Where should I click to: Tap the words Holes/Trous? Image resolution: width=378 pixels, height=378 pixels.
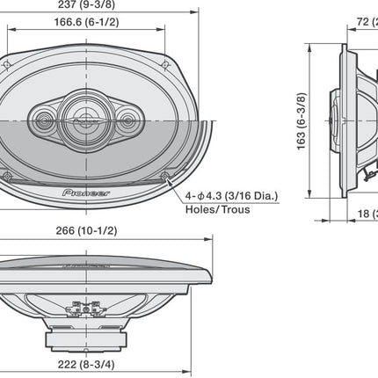pyautogui.click(x=216, y=209)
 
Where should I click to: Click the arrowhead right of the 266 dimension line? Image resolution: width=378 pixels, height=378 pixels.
pyautogui.click(x=210, y=239)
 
